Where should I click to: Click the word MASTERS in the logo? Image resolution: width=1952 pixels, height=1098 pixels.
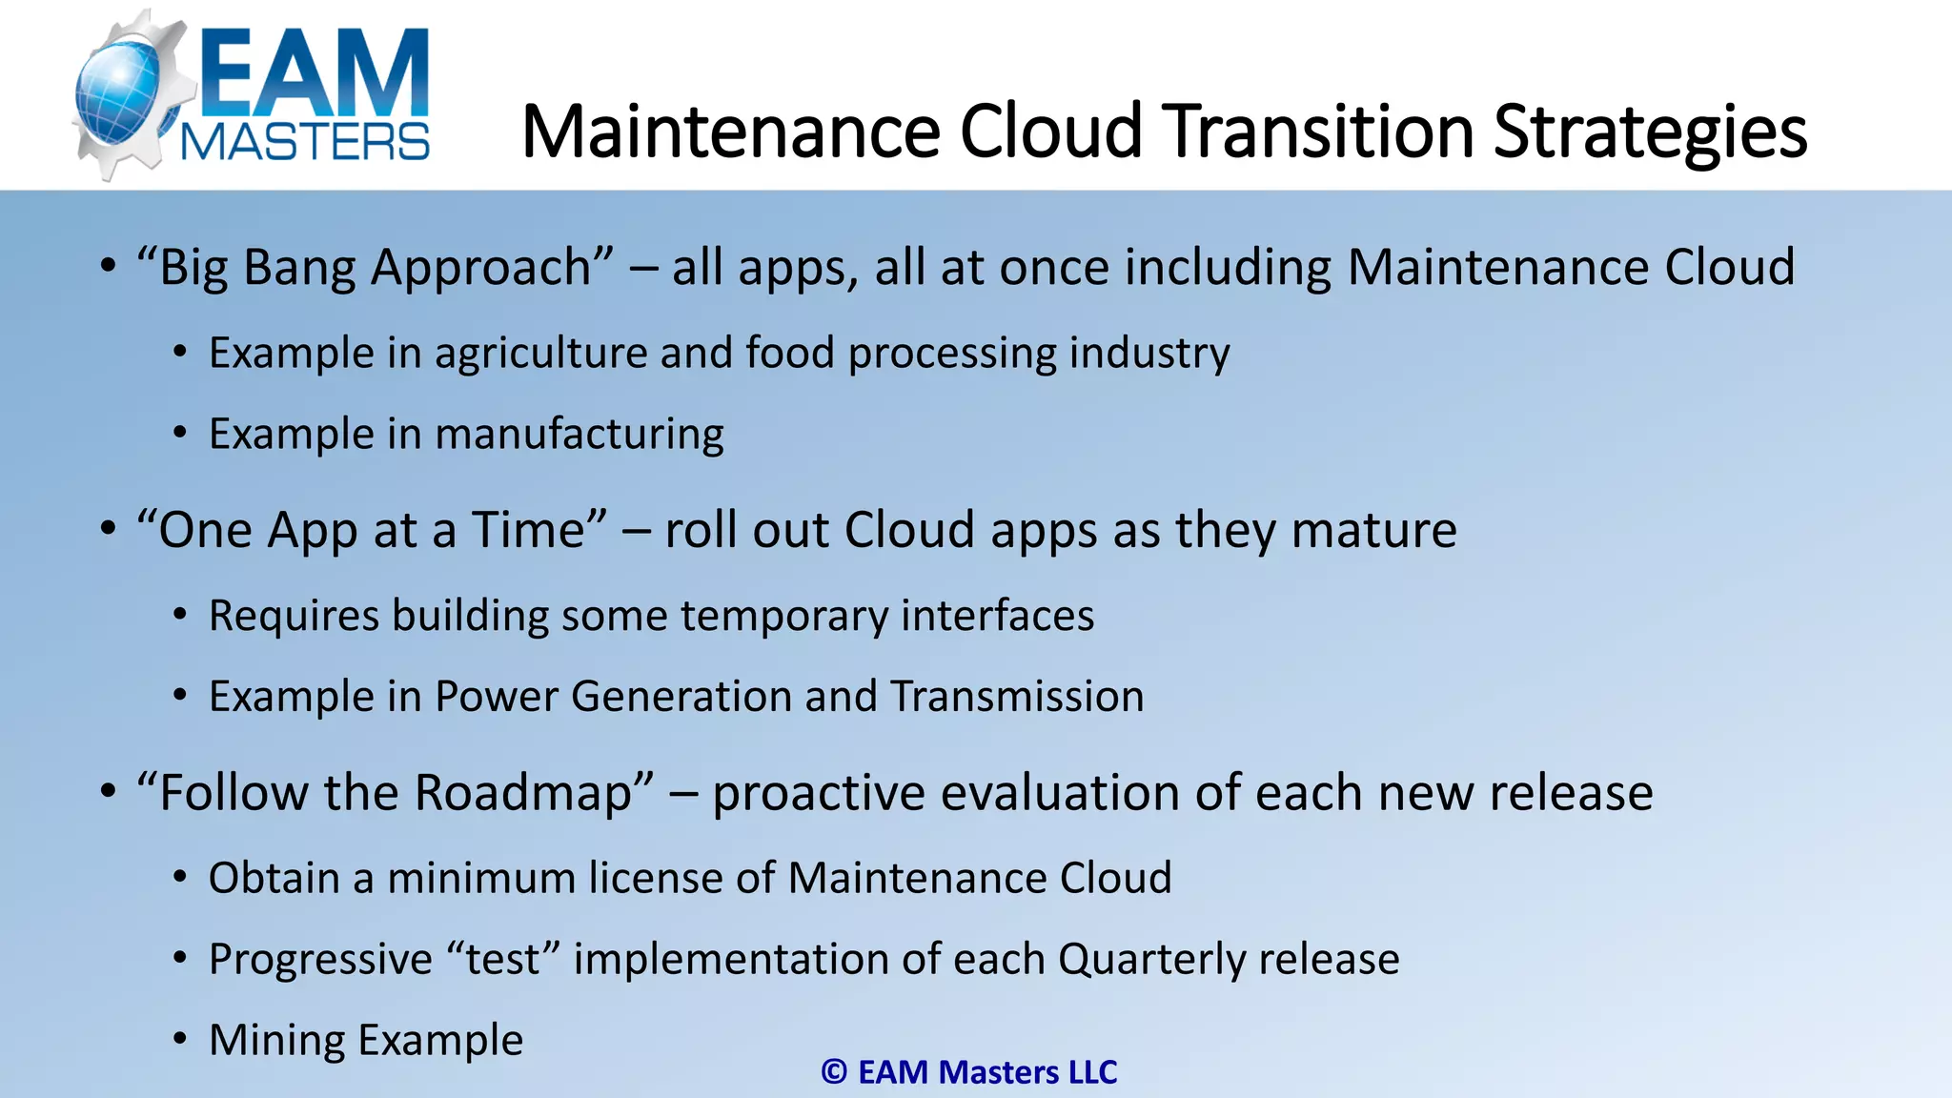[x=305, y=143]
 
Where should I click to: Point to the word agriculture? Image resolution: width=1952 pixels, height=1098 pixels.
[x=541, y=354]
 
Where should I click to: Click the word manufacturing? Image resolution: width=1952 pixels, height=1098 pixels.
[x=579, y=435]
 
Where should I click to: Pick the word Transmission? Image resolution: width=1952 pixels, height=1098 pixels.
[x=1017, y=697]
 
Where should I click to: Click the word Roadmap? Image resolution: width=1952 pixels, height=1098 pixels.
[x=534, y=793]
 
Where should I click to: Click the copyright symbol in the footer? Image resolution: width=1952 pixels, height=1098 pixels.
[x=834, y=1072]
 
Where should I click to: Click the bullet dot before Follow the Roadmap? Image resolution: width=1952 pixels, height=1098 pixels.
[x=108, y=790]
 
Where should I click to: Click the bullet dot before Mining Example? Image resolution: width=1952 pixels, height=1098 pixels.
[x=180, y=1039]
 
